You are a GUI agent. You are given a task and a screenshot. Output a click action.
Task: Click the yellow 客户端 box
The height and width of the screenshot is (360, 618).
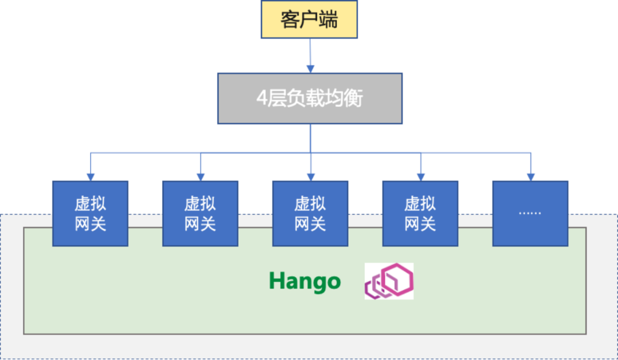pyautogui.click(x=309, y=19)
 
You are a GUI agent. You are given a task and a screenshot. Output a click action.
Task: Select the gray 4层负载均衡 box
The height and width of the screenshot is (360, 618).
pyautogui.click(x=310, y=98)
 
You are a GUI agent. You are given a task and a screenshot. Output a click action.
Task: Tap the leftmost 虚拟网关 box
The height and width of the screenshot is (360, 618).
pyautogui.click(x=90, y=213)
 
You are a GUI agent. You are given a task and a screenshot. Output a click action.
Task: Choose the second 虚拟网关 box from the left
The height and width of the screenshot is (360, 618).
pyautogui.click(x=200, y=213)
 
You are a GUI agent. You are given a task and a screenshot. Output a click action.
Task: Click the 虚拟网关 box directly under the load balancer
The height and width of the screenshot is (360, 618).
pyautogui.click(x=310, y=213)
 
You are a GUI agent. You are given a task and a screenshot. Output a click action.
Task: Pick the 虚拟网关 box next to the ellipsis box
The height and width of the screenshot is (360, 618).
pyautogui.click(x=420, y=213)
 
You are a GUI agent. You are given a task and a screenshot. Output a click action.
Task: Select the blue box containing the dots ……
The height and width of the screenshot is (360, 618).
pyautogui.click(x=530, y=213)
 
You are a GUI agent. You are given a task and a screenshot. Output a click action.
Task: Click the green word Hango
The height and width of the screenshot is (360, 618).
pyautogui.click(x=304, y=281)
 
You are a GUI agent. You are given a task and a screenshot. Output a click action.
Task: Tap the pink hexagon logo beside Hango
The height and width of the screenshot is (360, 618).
pyautogui.click(x=389, y=281)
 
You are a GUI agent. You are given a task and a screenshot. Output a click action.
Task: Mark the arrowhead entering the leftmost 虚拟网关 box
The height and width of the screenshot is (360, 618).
pyautogui.click(x=90, y=176)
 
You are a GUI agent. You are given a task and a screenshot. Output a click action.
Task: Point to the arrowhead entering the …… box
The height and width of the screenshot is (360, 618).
pyautogui.click(x=530, y=176)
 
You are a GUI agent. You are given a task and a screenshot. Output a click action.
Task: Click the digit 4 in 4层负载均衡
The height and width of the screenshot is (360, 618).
pyautogui.click(x=262, y=98)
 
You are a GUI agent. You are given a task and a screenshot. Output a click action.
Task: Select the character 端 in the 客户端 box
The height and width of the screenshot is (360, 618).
pyautogui.click(x=329, y=19)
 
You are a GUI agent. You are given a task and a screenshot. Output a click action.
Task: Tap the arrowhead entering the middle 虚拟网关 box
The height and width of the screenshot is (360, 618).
pyautogui.click(x=310, y=176)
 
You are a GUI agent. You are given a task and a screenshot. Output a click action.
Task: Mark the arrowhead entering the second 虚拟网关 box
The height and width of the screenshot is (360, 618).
pyautogui.click(x=200, y=176)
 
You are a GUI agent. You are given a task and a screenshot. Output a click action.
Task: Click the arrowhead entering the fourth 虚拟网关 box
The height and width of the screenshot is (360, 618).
pyautogui.click(x=421, y=176)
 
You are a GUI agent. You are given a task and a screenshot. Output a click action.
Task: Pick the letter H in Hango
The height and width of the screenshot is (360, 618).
pyautogui.click(x=277, y=281)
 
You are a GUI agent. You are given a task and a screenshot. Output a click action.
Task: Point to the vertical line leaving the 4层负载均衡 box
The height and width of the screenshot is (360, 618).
pyautogui.click(x=310, y=137)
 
